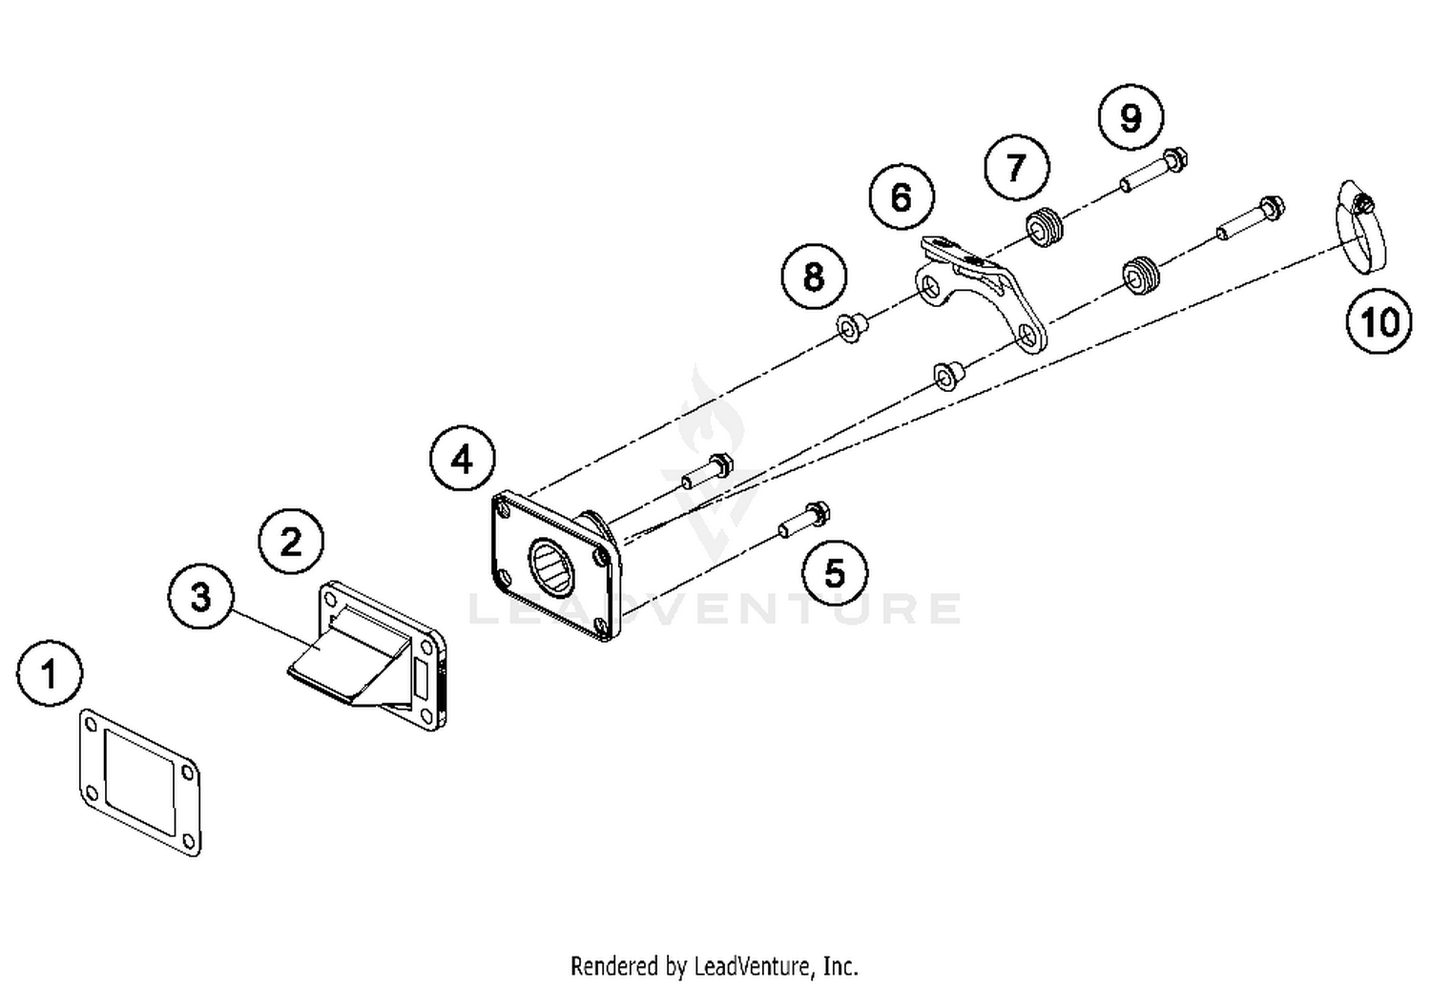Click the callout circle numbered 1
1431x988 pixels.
[x=50, y=674]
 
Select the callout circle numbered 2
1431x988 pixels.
[x=291, y=543]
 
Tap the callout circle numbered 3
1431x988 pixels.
[x=200, y=597]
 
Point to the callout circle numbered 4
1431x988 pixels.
[x=462, y=460]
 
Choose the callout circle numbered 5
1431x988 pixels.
[x=835, y=573]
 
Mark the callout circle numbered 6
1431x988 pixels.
[x=902, y=197]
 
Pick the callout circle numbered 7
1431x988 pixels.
[x=1016, y=168]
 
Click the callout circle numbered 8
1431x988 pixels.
[x=813, y=278]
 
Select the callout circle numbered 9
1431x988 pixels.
[x=1130, y=117]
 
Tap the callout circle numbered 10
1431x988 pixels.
[x=1379, y=322]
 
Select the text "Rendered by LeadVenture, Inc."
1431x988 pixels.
[x=715, y=965]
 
